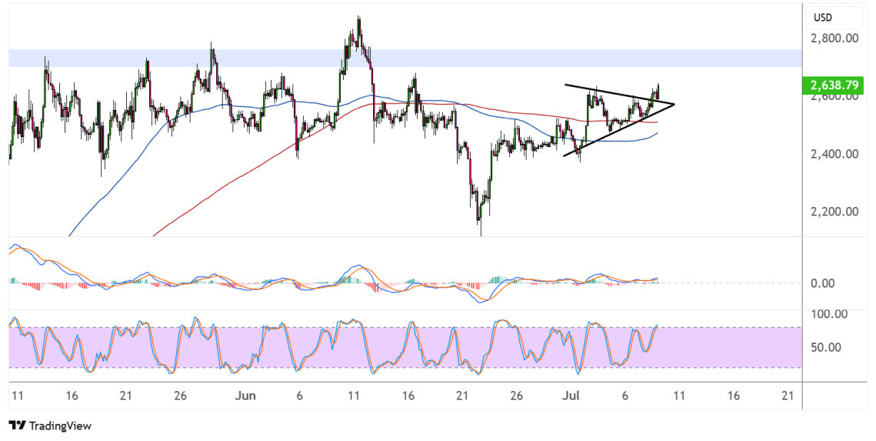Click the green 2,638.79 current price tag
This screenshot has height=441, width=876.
tap(833, 85)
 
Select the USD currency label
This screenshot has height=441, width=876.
tap(823, 18)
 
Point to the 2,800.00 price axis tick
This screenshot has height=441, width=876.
tap(834, 38)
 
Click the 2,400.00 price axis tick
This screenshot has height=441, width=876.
tap(834, 154)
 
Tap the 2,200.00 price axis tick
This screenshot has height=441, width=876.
tap(834, 212)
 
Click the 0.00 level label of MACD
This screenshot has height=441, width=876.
tap(822, 283)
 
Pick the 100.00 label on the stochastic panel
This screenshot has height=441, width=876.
tap(828, 314)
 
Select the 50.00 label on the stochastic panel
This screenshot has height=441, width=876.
tap(826, 347)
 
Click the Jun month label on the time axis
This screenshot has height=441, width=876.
tap(245, 396)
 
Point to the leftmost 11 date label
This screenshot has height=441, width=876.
tap(18, 396)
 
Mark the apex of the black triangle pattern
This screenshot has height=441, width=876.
tap(674, 105)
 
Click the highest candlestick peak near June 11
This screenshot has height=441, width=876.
tap(358, 18)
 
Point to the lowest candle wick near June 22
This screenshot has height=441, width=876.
tap(481, 234)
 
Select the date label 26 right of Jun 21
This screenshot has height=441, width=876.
tap(517, 396)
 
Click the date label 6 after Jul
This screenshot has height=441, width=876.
tap(625, 396)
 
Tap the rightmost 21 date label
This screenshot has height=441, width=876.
tap(788, 396)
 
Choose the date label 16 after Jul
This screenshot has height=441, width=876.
tap(734, 396)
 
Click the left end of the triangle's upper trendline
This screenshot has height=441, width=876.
tap(565, 85)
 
